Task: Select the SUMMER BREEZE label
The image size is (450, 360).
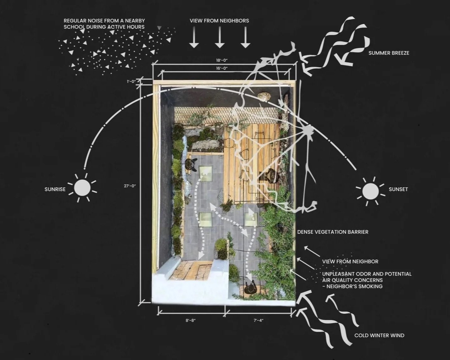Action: pyautogui.click(x=389, y=53)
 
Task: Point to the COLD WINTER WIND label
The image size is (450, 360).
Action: pyautogui.click(x=379, y=335)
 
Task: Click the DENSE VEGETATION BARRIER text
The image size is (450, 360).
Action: pyautogui.click(x=333, y=232)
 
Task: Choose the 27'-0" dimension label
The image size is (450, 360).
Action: pyautogui.click(x=130, y=186)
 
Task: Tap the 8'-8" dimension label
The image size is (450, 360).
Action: pyautogui.click(x=191, y=320)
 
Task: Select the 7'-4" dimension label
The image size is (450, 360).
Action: pyautogui.click(x=259, y=320)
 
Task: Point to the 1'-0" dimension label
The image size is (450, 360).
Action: pyautogui.click(x=131, y=82)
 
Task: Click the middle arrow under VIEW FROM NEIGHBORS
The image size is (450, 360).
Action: pyautogui.click(x=220, y=37)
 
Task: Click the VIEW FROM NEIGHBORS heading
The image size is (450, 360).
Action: pyautogui.click(x=219, y=21)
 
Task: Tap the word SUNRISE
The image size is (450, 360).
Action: pyautogui.click(x=55, y=190)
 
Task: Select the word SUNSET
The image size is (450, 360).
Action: pyautogui.click(x=398, y=190)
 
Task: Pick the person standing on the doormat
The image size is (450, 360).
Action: pyautogui.click(x=251, y=289)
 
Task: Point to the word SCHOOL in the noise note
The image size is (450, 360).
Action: pyautogui.click(x=76, y=27)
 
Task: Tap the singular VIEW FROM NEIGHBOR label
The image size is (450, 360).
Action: pyautogui.click(x=350, y=262)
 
